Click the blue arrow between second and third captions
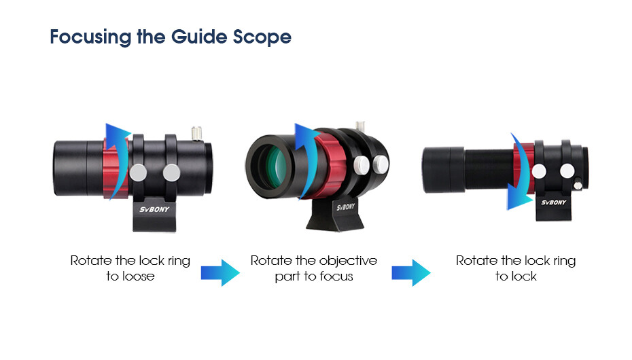410,272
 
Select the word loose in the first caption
139,276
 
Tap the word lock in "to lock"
525,276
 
